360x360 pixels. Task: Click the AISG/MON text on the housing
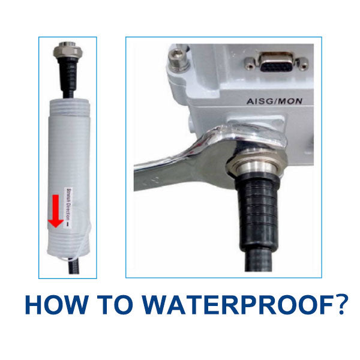coord(272,101)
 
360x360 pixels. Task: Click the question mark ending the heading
coord(340,305)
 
